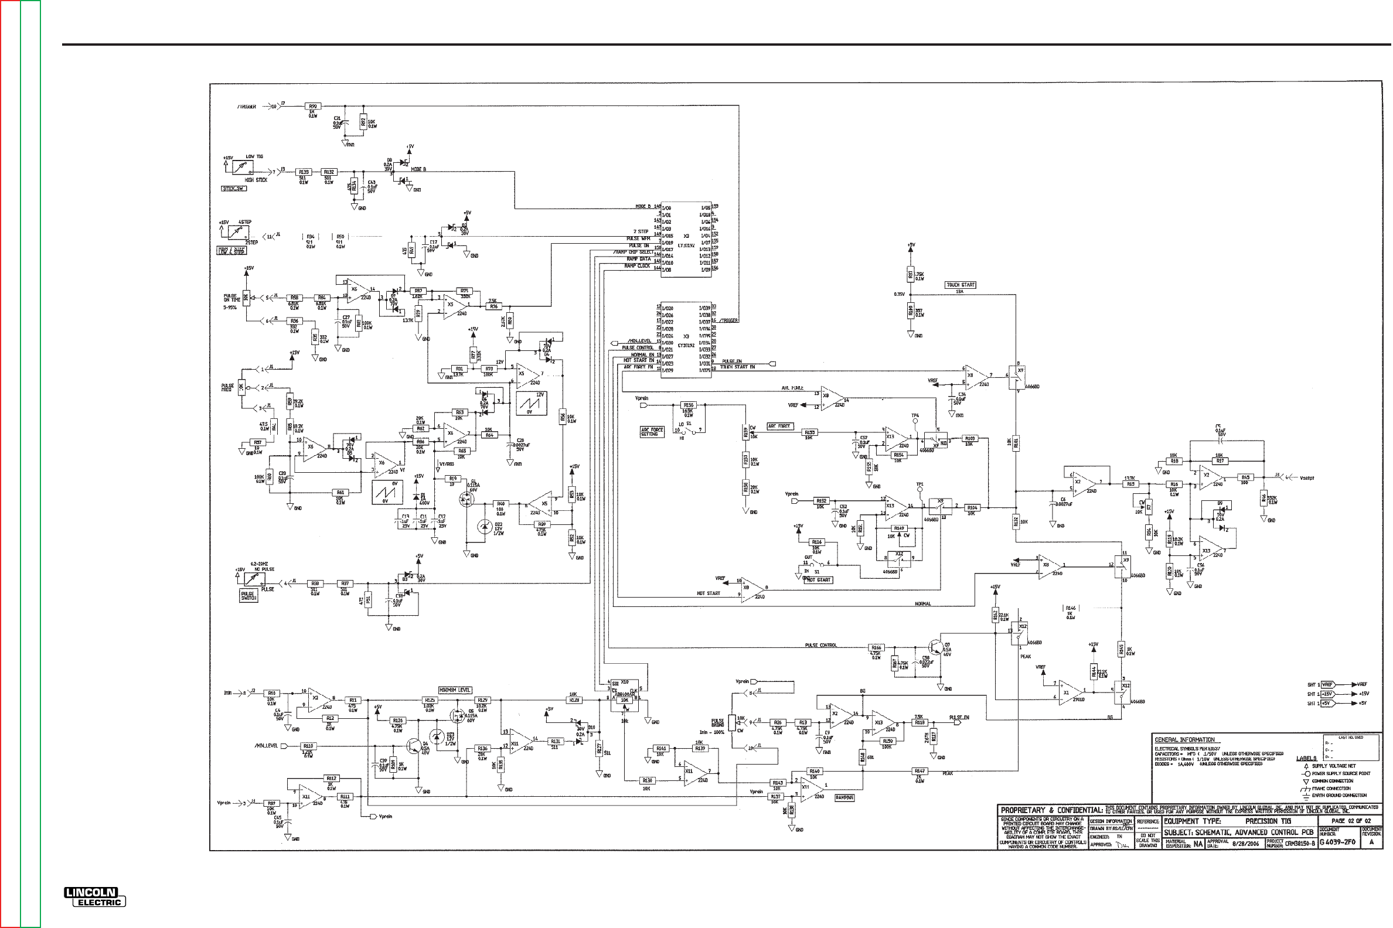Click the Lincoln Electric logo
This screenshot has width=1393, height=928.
coord(96,897)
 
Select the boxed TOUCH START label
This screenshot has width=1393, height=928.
coord(961,285)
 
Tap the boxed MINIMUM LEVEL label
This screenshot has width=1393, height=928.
coord(455,690)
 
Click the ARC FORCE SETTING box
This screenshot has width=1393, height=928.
coord(652,432)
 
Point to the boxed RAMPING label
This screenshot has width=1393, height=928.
coord(844,798)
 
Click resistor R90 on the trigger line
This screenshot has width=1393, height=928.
coord(312,106)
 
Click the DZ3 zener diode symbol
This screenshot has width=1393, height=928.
coord(437,737)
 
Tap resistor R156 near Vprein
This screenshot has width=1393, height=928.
coord(688,405)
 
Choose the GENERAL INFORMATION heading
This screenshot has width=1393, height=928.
coord(1184,739)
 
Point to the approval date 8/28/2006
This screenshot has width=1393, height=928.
coord(1246,844)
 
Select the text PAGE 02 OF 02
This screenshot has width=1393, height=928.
coord(1350,821)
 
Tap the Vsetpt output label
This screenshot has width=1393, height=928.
coord(1307,477)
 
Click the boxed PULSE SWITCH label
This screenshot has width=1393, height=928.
coord(248,596)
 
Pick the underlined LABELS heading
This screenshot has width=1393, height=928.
coord(1306,758)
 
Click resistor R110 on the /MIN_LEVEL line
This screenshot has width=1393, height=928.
coord(308,746)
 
